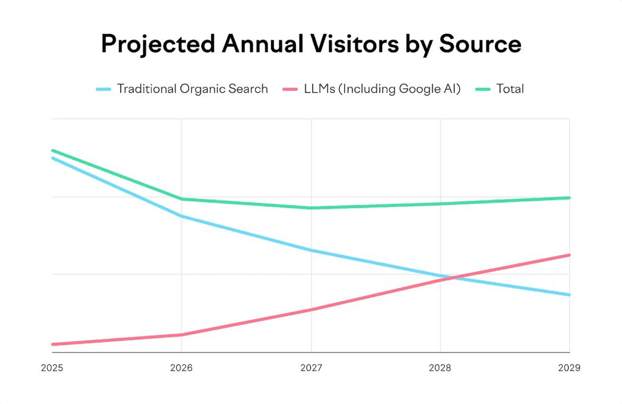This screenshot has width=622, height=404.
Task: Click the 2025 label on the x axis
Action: click(x=52, y=368)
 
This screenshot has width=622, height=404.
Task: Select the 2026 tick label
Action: click(x=182, y=368)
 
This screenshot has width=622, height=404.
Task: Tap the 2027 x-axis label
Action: click(x=311, y=368)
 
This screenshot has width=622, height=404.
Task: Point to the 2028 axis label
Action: click(x=440, y=368)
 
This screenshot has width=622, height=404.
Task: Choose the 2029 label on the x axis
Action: click(x=569, y=368)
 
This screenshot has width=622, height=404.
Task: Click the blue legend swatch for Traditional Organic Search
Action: click(x=104, y=89)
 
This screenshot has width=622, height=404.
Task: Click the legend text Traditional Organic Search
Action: click(x=193, y=89)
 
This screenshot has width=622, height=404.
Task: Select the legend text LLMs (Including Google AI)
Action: click(x=382, y=89)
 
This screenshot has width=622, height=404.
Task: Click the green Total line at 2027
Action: click(x=311, y=208)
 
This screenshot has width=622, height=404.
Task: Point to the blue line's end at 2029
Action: click(x=569, y=295)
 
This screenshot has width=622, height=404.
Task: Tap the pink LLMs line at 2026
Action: click(x=182, y=334)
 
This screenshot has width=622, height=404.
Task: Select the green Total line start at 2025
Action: click(x=53, y=150)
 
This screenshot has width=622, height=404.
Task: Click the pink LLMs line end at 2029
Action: click(x=569, y=255)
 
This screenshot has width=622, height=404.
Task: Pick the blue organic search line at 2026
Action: click(x=182, y=216)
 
